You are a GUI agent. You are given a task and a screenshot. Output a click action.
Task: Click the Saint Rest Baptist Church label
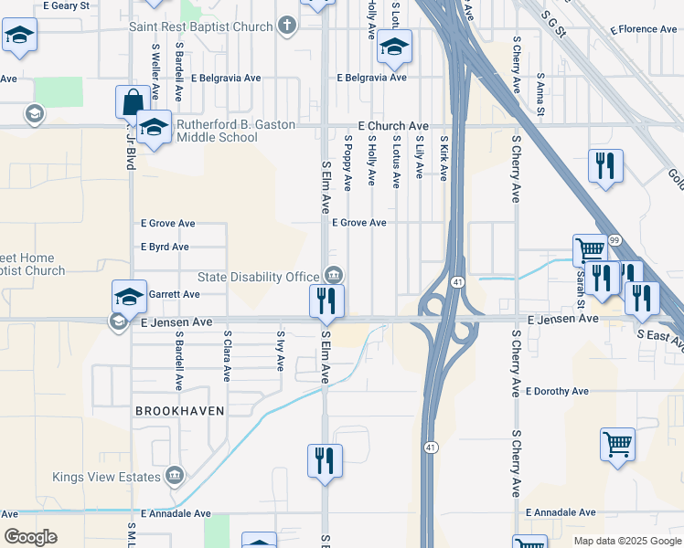coord(200,26)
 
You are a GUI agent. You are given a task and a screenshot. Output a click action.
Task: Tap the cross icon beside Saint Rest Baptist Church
coord(287,26)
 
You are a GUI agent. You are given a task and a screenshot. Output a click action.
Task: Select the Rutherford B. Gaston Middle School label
coord(230,132)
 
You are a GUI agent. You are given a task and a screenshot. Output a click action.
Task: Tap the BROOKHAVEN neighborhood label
coord(179,411)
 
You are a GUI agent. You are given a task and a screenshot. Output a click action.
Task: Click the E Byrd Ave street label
coord(165,247)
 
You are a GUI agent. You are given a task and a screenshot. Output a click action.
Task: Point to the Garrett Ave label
coord(174,295)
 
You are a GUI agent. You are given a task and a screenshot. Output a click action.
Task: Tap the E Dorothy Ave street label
coord(557,391)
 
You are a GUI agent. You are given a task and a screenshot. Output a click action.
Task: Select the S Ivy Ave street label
coord(280,351)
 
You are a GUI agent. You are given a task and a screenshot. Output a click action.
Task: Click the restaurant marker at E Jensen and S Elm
coord(326,301)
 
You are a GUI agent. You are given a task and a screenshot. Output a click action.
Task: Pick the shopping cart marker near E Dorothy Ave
coord(617,445)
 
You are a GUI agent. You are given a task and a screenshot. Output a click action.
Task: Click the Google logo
coord(31,537)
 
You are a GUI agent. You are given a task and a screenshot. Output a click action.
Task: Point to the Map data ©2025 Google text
coord(626,541)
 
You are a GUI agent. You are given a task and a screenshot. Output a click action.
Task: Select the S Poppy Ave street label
coord(347,163)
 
